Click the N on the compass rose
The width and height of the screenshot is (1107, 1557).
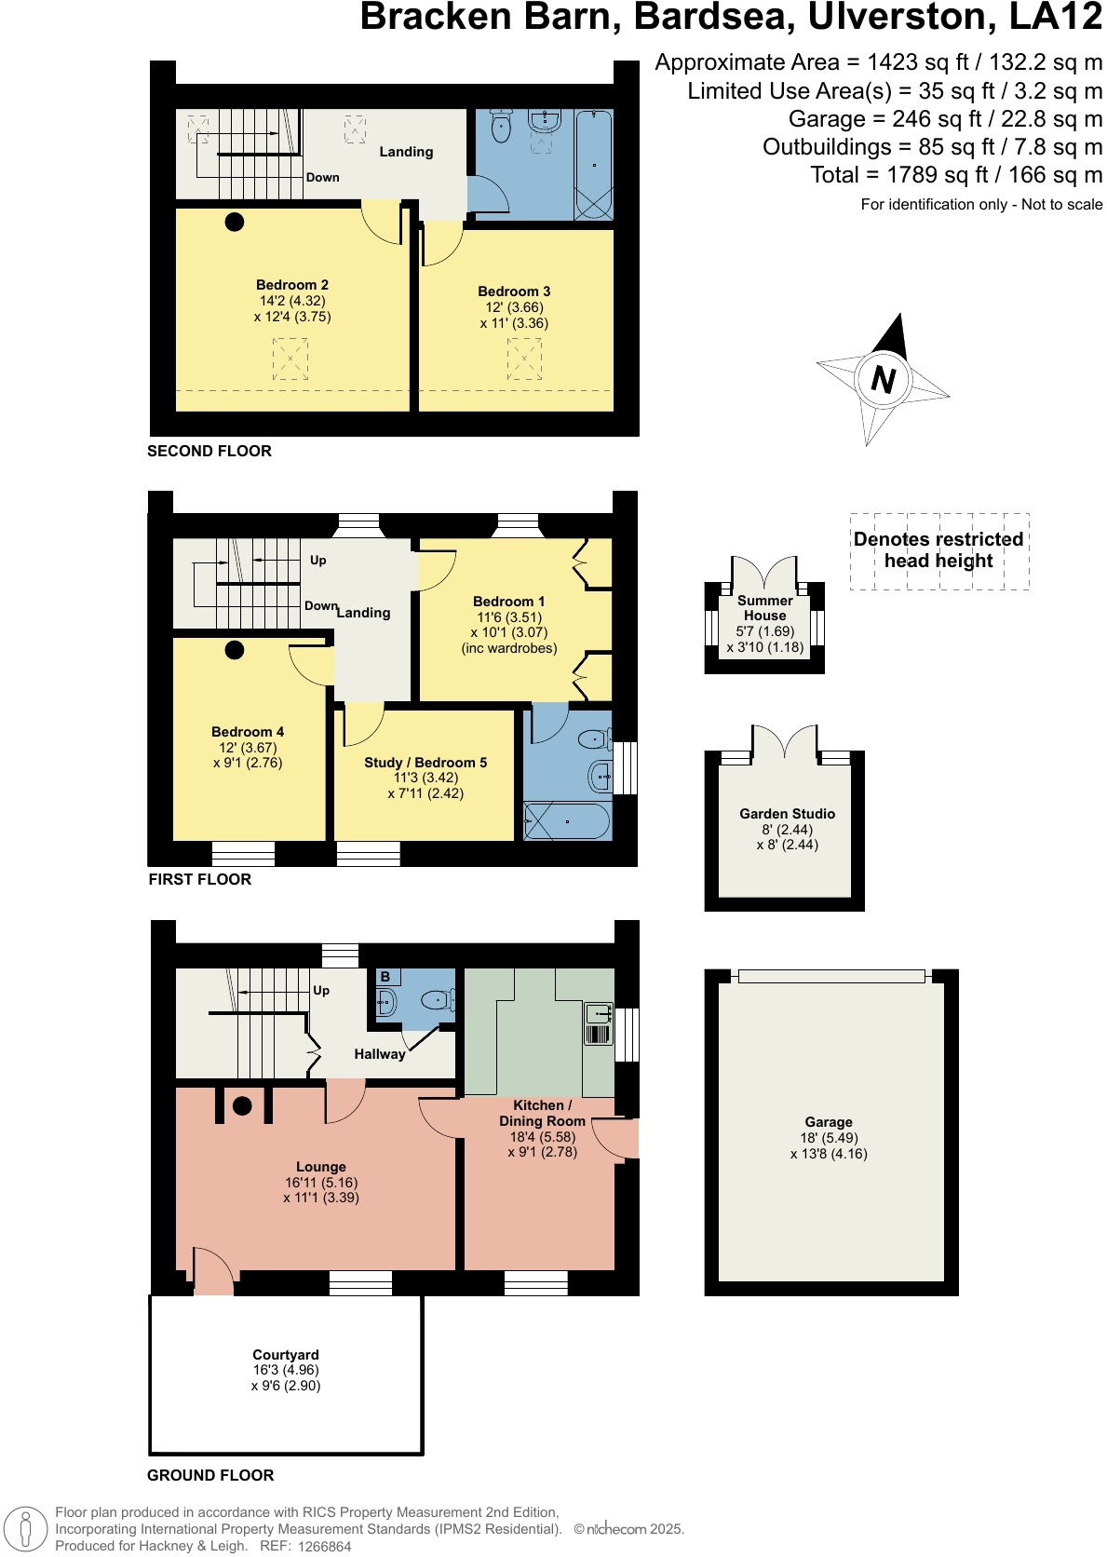883,379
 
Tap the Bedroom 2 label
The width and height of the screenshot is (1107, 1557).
292,285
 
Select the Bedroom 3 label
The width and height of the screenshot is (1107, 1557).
514,291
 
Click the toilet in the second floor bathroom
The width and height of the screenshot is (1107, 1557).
501,128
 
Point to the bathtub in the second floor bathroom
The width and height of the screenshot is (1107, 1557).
593,165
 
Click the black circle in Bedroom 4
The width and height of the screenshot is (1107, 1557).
235,650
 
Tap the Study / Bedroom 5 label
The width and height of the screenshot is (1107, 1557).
425,763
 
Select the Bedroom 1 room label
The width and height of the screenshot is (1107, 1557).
508,602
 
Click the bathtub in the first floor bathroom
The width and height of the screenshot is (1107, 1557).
566,822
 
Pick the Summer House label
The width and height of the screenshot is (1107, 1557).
764,608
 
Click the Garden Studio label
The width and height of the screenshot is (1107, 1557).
787,814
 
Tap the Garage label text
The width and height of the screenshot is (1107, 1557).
829,1122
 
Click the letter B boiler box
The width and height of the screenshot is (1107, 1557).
385,977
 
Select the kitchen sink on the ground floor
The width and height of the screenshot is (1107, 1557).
599,1013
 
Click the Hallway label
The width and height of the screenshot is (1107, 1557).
379,1054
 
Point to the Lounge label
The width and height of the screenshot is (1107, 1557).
320,1167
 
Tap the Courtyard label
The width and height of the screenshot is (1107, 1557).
285,1355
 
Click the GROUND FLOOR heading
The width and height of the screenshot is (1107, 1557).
210,1475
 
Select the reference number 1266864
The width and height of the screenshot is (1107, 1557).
324,1547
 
